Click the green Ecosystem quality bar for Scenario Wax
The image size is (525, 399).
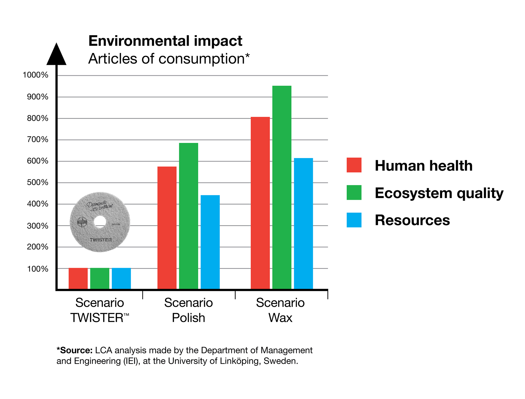pyautogui.click(x=281, y=187)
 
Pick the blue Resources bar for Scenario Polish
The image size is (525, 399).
pyautogui.click(x=210, y=242)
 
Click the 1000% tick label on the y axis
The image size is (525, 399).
pyautogui.click(x=35, y=75)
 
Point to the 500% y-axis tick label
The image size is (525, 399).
pyautogui.click(x=37, y=182)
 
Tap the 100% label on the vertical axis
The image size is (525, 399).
pyautogui.click(x=37, y=269)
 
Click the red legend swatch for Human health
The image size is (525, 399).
pyautogui.click(x=354, y=165)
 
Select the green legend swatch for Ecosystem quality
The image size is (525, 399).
pyautogui.click(x=354, y=193)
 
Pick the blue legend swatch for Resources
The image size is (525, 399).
pyautogui.click(x=354, y=220)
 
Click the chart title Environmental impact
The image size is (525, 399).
pyautogui.click(x=165, y=41)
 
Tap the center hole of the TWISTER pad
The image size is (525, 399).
pyautogui.click(x=100, y=222)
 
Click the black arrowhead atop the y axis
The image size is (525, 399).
pyautogui.click(x=56, y=55)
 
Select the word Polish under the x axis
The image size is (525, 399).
pyautogui.click(x=188, y=318)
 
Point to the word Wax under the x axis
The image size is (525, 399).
pyautogui.click(x=280, y=318)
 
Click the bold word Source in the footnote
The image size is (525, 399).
pyautogui.click(x=76, y=350)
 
